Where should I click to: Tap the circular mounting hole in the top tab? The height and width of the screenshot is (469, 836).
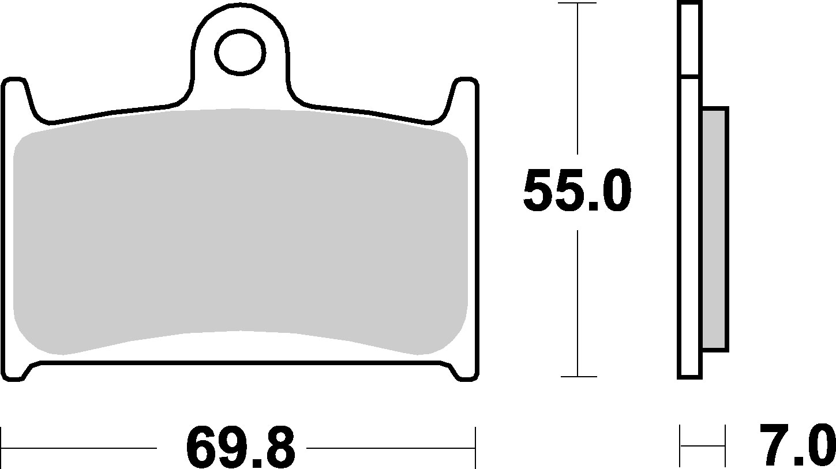click(241, 52)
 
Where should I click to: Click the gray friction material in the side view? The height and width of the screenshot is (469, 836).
click(715, 228)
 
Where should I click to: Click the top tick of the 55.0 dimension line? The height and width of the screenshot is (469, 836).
click(577, 3)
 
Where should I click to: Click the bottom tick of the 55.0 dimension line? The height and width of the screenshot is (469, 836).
click(577, 377)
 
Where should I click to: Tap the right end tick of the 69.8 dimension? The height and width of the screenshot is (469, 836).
click(475, 448)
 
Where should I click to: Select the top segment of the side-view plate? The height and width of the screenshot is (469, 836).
click(690, 39)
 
